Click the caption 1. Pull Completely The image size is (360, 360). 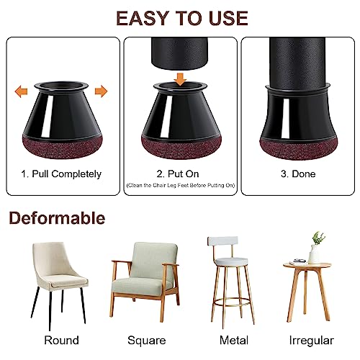[x=62, y=174]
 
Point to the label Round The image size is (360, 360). [x=62, y=341]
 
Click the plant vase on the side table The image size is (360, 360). [x=314, y=252]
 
